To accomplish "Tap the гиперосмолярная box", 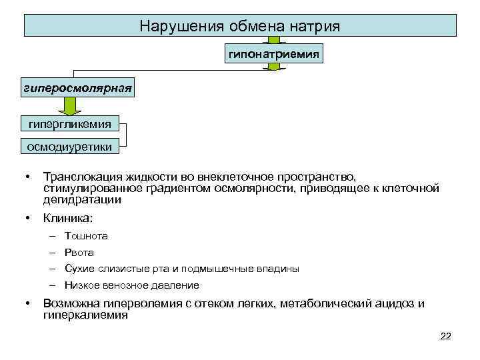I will point(77,87).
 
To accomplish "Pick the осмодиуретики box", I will point(69,146).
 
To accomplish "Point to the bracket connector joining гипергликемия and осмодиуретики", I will point(123,135).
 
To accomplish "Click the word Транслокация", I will point(81,177).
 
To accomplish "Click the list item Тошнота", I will point(87,236).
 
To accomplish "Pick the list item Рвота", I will point(79,253).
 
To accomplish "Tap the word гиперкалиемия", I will point(85,315).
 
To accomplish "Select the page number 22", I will point(446,336).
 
